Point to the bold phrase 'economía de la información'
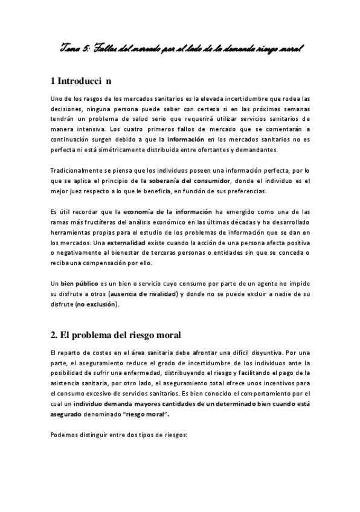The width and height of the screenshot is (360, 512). tap(167, 212)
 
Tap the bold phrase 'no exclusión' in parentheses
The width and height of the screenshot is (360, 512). tap(98, 304)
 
